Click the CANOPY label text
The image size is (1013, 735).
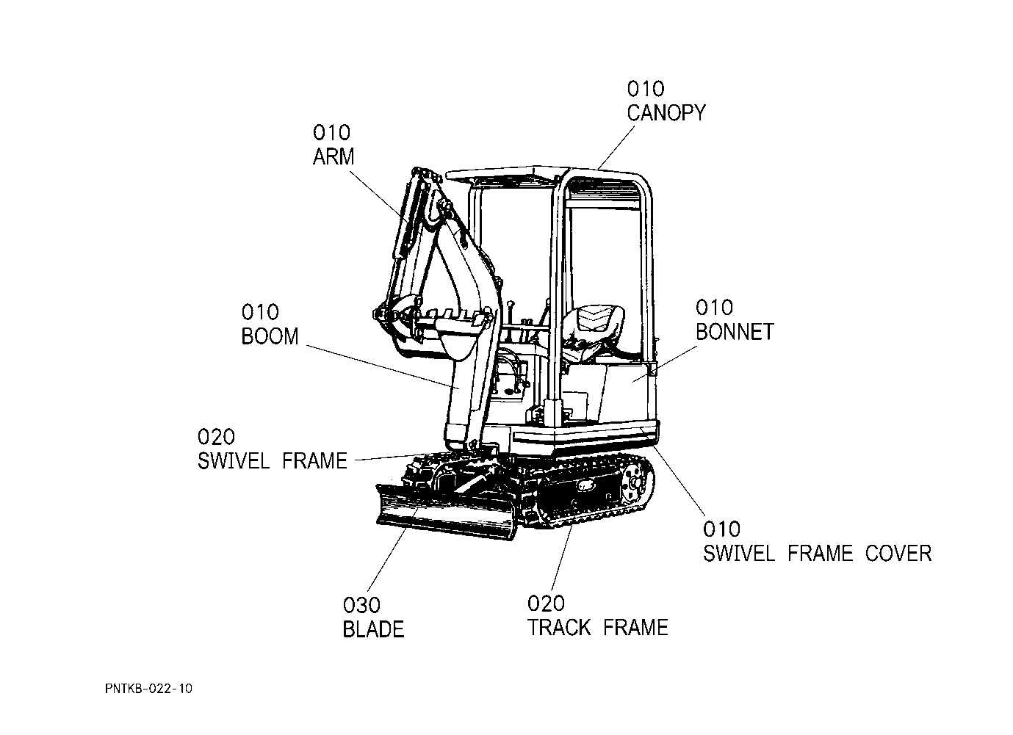[x=666, y=113]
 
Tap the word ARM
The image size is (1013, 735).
[x=333, y=157]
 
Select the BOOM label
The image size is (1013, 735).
[x=270, y=336]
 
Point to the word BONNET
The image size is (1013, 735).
[x=734, y=332]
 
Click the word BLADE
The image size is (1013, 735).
[x=373, y=629]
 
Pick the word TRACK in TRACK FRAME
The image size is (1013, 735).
[x=559, y=628]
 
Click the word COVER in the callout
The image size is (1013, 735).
[x=898, y=553]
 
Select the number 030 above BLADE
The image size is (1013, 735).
[x=361, y=606]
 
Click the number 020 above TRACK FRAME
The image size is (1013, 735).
[x=546, y=604]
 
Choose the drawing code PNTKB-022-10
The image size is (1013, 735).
[x=148, y=689]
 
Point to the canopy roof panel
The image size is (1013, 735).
[x=507, y=174]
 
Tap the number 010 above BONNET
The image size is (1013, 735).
[x=714, y=308]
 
